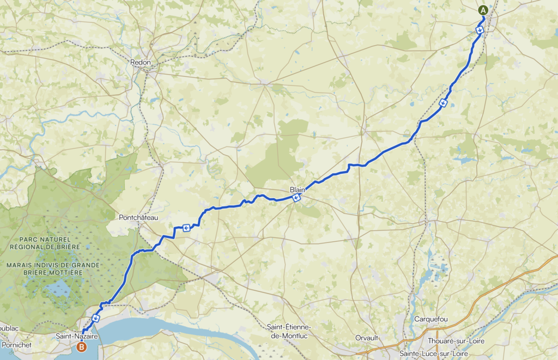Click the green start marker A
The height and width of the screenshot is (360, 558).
coord(483,10)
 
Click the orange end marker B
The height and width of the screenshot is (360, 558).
coord(82,346)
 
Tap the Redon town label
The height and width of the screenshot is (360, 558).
coord(140,63)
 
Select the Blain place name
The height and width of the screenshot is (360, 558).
coord(298,190)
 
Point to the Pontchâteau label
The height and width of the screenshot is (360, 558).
coord(138,217)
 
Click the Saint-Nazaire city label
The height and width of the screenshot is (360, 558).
coord(77,337)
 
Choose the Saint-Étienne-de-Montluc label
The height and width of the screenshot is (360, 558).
coord(289,331)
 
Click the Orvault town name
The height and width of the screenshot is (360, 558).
coord(367,338)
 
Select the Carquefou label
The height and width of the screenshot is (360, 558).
coord(430,319)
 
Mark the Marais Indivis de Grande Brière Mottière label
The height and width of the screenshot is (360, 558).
coord(53,269)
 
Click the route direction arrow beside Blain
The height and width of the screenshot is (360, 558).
coord(297,198)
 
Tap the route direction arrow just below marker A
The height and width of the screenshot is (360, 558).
coord(480,30)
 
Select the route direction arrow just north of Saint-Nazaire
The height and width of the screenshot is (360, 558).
coord(96,318)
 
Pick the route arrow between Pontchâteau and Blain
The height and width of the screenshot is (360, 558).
coord(186,228)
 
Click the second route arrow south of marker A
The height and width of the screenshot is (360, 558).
coord(444,103)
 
